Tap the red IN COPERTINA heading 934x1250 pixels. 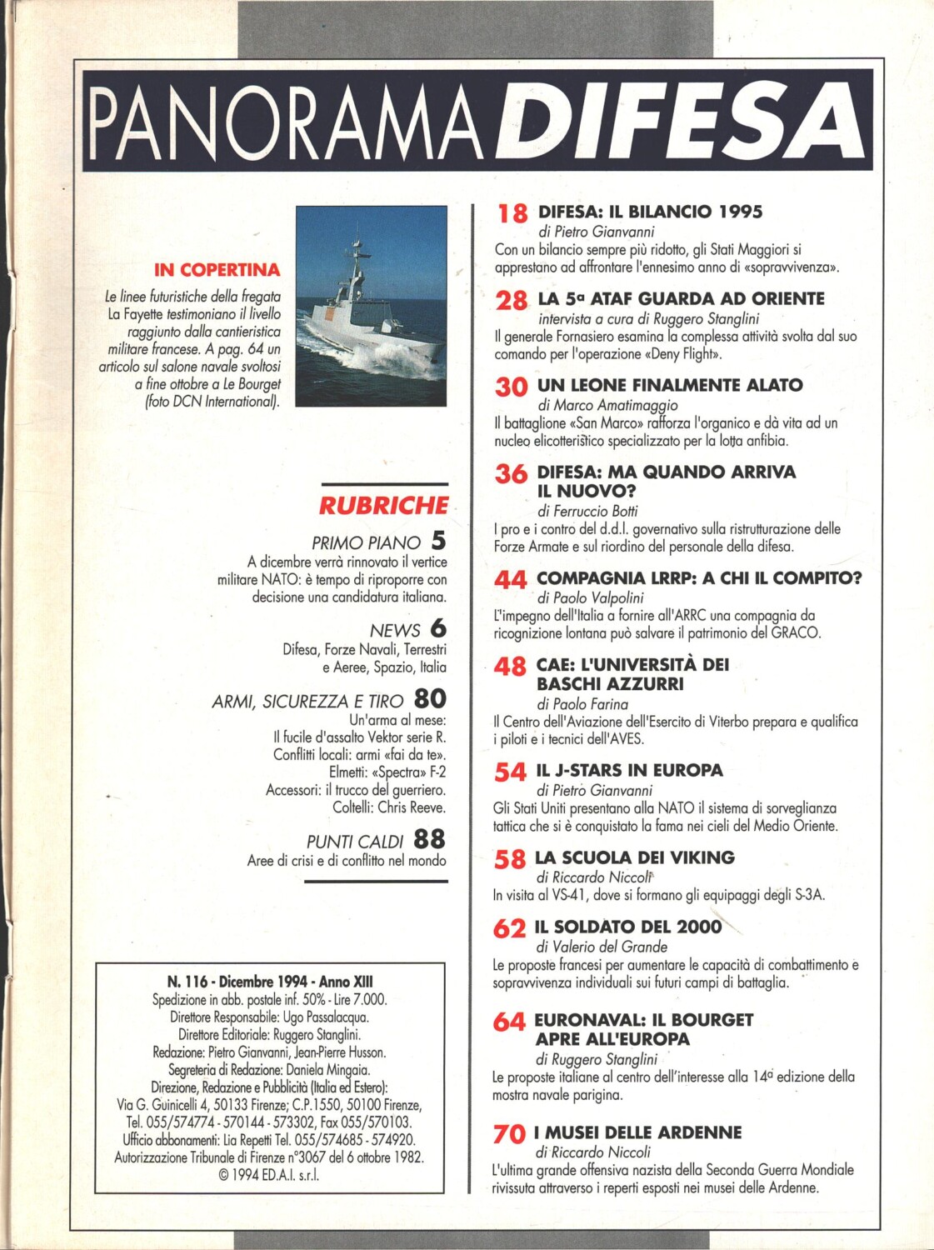tap(217, 270)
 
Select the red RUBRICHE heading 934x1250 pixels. tap(383, 505)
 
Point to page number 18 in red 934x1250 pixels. tap(512, 214)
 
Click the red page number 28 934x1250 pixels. tap(512, 301)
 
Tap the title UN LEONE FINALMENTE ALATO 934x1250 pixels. tap(670, 385)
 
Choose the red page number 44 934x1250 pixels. tap(511, 580)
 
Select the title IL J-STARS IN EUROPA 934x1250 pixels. tap(629, 770)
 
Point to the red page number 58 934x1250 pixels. tap(510, 859)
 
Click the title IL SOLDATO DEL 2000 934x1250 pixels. tap(627, 927)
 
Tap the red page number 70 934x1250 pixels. tap(509, 1134)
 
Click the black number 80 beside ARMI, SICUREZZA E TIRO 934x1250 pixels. tap(430, 698)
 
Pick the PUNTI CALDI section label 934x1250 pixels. tap(355, 842)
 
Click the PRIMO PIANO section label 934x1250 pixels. tap(366, 543)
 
